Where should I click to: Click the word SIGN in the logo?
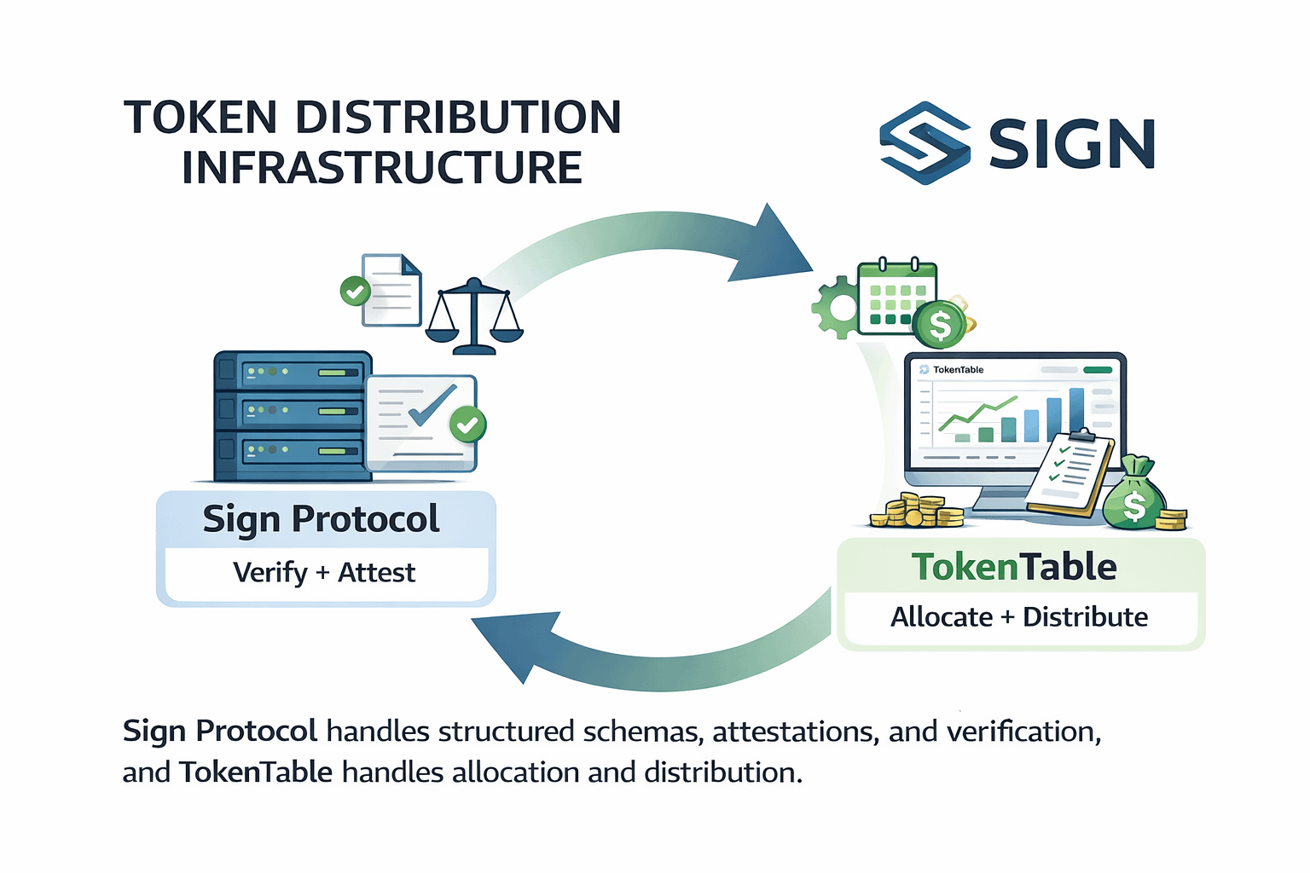tap(1071, 143)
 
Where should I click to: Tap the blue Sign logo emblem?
tap(924, 142)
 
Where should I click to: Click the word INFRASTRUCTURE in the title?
tap(381, 167)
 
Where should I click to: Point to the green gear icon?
tap(835, 308)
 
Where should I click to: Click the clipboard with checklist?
tap(1070, 472)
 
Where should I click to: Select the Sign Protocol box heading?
tap(322, 519)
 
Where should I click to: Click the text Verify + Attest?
tap(324, 572)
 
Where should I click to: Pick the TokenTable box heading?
tap(1014, 567)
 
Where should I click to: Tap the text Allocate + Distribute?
tap(1019, 616)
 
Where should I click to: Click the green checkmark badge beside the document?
tap(355, 292)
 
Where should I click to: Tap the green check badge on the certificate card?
tap(467, 424)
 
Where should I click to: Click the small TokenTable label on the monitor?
tap(958, 370)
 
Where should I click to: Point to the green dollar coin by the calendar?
tap(939, 325)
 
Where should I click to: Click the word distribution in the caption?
tap(721, 772)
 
